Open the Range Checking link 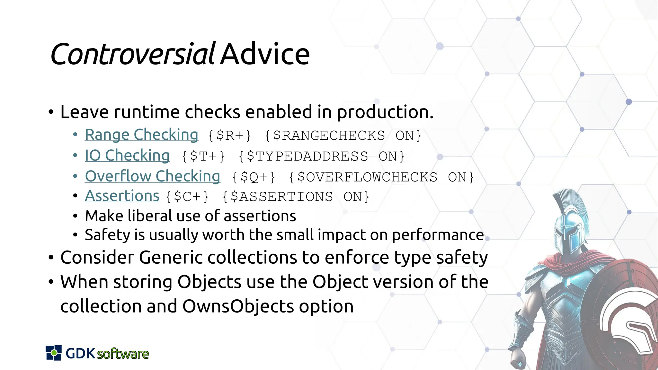tap(141, 135)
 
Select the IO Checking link tap(127, 155)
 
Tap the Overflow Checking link tap(152, 176)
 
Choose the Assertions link tap(122, 196)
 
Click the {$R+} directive tap(229, 136)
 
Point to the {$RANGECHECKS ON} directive tap(343, 136)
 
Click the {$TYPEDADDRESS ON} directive tap(321, 156)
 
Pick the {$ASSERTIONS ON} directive tap(296, 197)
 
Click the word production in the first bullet tap(385, 112)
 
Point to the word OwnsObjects tap(238, 306)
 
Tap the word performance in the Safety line tap(438, 235)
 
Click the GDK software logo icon tap(53, 353)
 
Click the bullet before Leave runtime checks tap(51, 112)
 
